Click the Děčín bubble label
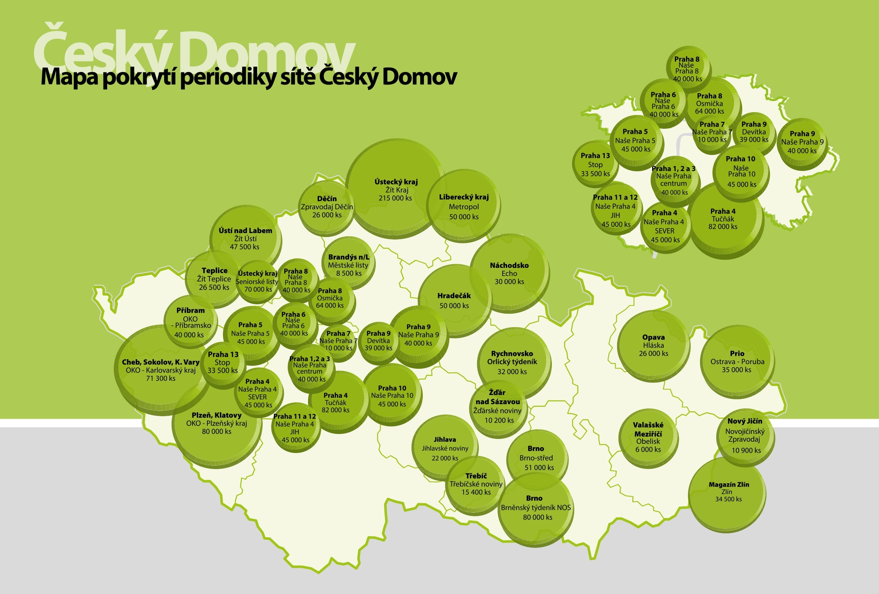click(x=327, y=199)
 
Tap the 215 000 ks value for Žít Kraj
click(x=395, y=198)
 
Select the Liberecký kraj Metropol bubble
click(x=464, y=207)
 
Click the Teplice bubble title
click(x=214, y=270)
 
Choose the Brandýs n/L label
click(x=348, y=257)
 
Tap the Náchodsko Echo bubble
click(x=509, y=273)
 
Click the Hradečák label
click(x=454, y=296)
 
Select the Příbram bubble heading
click(x=190, y=310)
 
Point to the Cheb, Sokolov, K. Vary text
click(x=160, y=362)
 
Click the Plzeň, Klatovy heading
click(x=216, y=415)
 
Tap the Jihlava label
click(x=445, y=440)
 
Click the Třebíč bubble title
click(x=476, y=476)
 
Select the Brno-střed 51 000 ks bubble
click(x=536, y=458)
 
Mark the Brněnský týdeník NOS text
click(x=536, y=508)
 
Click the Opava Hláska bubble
click(x=653, y=345)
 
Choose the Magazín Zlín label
click(x=728, y=485)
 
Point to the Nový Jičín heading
click(x=745, y=421)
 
